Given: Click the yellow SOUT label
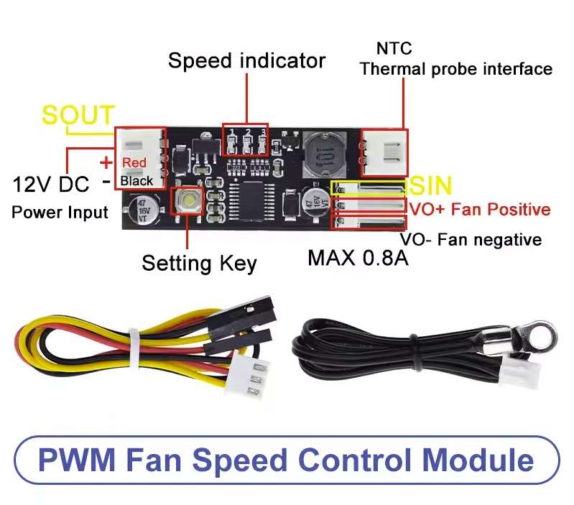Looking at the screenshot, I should coord(78,115).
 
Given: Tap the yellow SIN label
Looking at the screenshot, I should coord(430,187).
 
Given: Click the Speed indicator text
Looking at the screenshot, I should coord(246,60).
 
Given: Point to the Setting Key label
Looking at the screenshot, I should coord(198,263).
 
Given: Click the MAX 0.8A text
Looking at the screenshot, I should coord(358,257).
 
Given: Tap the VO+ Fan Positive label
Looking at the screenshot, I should coord(479,210).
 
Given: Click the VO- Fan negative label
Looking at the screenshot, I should coord(471,239).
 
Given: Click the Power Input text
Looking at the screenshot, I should coord(60,212).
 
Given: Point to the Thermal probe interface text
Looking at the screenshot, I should coord(455,69).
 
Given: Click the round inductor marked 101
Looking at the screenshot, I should coord(320,154).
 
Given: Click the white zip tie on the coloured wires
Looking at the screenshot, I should coord(134,343).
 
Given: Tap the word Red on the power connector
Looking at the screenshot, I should coord(134,163).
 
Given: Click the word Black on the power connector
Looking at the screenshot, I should coord(136,181).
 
